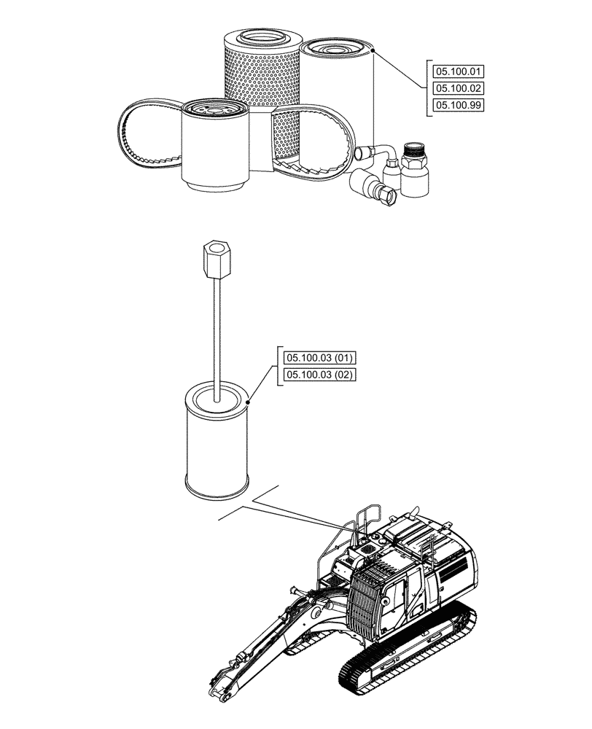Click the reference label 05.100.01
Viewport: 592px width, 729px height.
(459, 71)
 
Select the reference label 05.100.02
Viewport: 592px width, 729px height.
(459, 88)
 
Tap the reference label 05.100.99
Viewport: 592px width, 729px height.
(459, 105)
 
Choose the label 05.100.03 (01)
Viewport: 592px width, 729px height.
(319, 358)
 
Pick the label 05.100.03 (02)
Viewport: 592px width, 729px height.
(319, 375)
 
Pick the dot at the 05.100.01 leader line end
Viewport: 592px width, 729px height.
(372, 51)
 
